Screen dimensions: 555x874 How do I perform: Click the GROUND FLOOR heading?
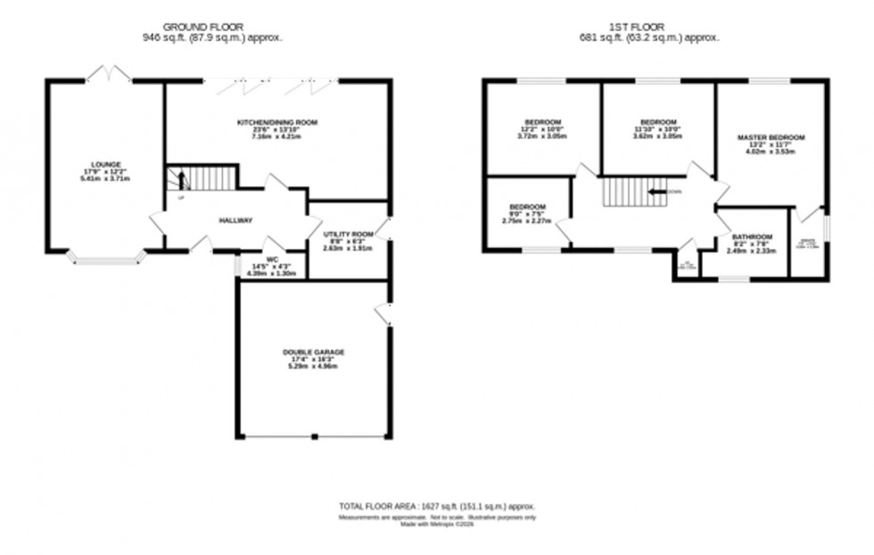(204, 28)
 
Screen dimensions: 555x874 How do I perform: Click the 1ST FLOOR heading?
(648, 28)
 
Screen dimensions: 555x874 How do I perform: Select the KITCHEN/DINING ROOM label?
(277, 122)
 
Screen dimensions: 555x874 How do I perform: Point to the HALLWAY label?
(236, 220)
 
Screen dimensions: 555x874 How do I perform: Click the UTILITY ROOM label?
(348, 234)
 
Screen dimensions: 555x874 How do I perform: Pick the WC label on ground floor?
(272, 259)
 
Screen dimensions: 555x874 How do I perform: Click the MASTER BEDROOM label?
(771, 137)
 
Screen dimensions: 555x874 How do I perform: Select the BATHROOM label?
(749, 237)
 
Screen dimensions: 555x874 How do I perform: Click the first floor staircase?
(633, 192)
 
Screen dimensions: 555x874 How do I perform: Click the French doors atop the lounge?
(108, 73)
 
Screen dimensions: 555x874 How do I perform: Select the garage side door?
(383, 314)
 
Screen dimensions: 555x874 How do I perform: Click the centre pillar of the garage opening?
(314, 437)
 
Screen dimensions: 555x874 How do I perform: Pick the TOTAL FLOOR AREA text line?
(437, 507)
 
